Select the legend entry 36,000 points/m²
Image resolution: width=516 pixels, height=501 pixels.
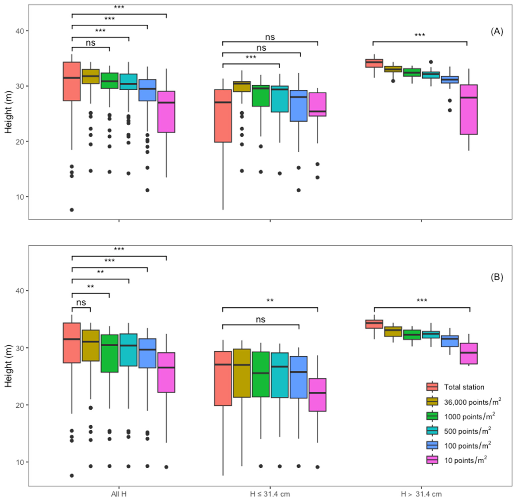point(472,402)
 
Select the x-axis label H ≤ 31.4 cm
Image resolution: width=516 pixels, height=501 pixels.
point(270,494)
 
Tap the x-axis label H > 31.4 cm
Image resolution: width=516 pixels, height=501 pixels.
point(421,494)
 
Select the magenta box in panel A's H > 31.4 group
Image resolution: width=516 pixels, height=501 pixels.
point(469,109)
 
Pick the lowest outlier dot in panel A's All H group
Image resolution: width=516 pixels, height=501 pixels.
point(72,210)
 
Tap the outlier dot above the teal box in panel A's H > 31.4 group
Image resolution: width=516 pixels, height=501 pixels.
point(431,62)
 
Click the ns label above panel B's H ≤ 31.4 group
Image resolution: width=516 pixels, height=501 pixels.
point(261,320)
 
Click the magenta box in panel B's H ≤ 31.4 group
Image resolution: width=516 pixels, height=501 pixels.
point(318,395)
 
